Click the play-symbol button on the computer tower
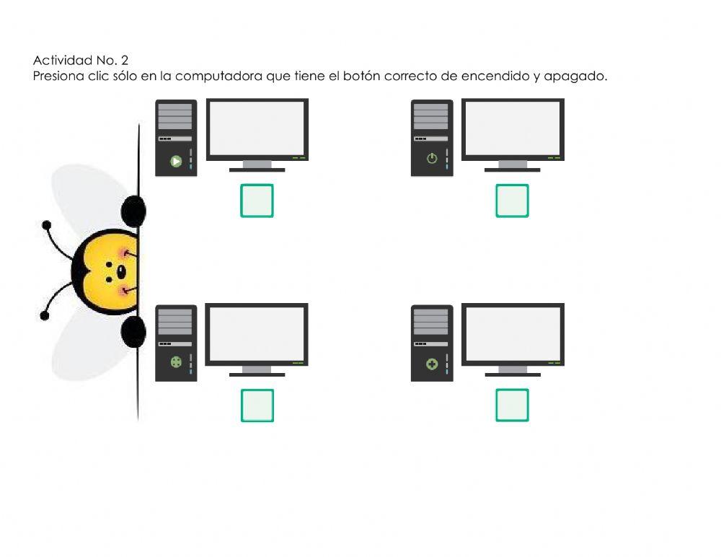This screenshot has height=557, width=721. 176,161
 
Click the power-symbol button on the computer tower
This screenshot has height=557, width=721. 432,159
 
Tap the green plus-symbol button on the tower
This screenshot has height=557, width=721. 432,364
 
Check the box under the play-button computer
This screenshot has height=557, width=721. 257,201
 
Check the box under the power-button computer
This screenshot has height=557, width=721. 512,201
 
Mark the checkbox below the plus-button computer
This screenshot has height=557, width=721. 512,405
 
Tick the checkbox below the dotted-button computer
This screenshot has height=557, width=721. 257,405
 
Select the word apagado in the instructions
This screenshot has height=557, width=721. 577,76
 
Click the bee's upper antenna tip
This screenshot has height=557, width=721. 47,225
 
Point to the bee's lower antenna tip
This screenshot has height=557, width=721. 45,315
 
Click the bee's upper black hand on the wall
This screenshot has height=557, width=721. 134,211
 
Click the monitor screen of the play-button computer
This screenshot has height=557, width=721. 257,128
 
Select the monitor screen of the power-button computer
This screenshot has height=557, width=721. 512,128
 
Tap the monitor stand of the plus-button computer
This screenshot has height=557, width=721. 512,371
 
